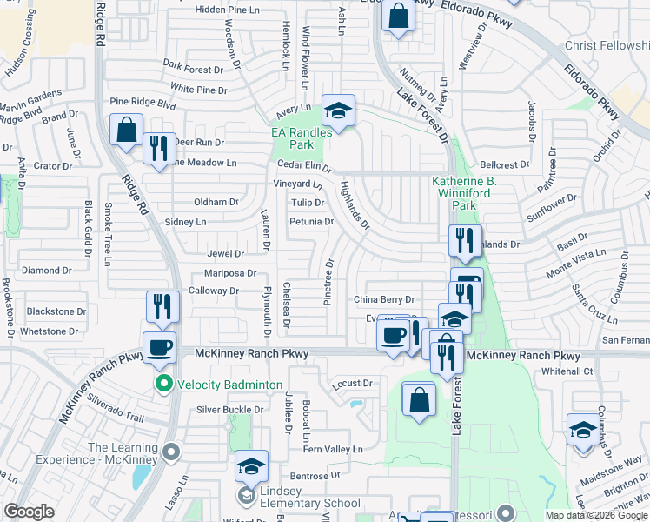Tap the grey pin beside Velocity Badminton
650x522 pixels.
point(162,384)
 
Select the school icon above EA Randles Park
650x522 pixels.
point(338,110)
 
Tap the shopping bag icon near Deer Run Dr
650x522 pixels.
point(126,130)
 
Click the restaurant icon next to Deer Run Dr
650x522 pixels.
point(157,148)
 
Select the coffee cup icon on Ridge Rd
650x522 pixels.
point(159,348)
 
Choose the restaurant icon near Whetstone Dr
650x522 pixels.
point(162,305)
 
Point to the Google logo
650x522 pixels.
point(30,511)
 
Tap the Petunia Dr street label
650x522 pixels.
point(310,222)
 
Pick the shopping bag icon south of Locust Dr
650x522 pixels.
point(419,400)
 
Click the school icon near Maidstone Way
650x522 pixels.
point(582,430)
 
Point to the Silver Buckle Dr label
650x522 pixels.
point(229,410)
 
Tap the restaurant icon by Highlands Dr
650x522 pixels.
point(465,240)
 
